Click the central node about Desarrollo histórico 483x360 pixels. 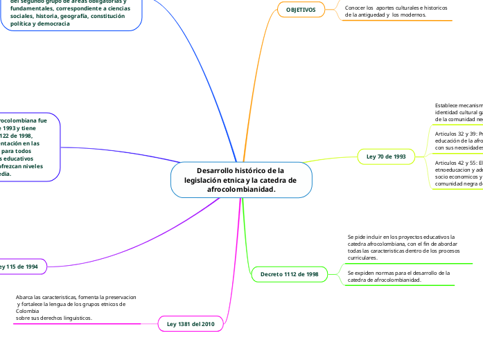(240, 179)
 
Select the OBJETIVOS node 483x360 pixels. (301, 10)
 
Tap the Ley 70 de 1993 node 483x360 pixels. (386, 157)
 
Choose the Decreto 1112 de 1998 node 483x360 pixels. (289, 275)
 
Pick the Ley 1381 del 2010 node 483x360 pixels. (191, 324)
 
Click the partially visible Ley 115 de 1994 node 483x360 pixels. (21, 267)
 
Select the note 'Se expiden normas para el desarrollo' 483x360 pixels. (398, 276)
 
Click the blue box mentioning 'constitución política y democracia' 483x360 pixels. (69, 14)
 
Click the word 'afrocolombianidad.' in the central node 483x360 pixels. (241, 189)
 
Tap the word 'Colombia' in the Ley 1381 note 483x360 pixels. (27, 311)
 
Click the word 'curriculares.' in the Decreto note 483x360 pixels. (362, 258)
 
